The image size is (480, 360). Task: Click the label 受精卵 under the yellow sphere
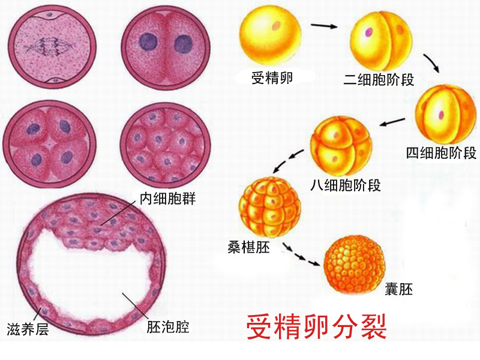coord(272,78)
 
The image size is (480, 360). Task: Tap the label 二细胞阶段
coord(379,80)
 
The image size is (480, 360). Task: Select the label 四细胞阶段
coord(441,152)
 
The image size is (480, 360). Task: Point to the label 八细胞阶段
coord(346,185)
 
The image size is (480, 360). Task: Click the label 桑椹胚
coord(248,247)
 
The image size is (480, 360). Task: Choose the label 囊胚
coord(399,289)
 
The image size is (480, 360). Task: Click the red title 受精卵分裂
coord(317,327)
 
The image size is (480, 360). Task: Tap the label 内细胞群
coord(167,199)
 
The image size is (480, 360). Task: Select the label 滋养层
coord(28,329)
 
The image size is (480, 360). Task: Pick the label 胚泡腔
coord(168,326)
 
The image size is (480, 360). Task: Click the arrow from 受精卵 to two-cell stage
coord(324,26)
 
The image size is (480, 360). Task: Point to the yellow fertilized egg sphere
coord(271,35)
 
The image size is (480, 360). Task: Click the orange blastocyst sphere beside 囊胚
coord(355,265)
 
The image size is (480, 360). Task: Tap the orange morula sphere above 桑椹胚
coord(269,208)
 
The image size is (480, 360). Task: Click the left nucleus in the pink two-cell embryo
coord(148,41)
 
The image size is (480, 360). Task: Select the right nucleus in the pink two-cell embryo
coord(183,43)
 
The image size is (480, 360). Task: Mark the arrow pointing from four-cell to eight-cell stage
coord(392,122)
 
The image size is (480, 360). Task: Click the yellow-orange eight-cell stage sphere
coord(341,146)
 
